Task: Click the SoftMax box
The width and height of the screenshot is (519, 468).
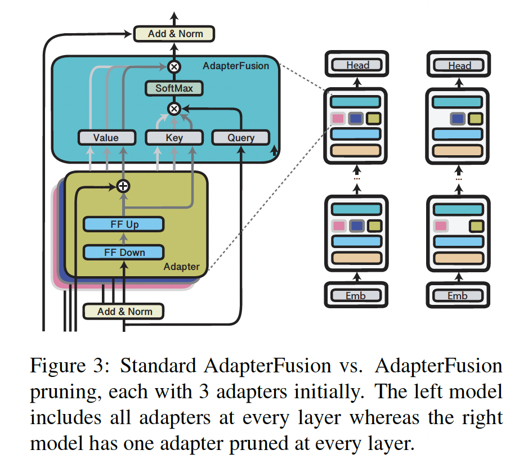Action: (173, 89)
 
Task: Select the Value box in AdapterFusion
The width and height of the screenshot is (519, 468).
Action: (106, 137)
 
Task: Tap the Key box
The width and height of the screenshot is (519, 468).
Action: (174, 137)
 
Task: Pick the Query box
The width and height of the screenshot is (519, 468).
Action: (240, 137)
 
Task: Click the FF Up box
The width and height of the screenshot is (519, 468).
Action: (123, 224)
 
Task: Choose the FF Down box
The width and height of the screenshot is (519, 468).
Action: (123, 252)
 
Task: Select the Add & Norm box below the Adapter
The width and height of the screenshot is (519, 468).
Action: (123, 311)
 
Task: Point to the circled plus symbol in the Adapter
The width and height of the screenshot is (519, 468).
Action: (123, 186)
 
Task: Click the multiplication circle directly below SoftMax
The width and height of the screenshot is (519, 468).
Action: (174, 108)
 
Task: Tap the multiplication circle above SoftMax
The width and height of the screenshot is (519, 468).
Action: (174, 67)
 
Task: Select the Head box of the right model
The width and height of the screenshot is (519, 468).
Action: (459, 65)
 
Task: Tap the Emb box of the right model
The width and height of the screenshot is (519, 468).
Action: (459, 295)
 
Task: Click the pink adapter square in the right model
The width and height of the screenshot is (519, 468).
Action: (440, 226)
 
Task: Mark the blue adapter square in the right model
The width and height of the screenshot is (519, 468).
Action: (458, 119)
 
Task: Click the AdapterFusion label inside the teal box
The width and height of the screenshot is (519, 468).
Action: (236, 66)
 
